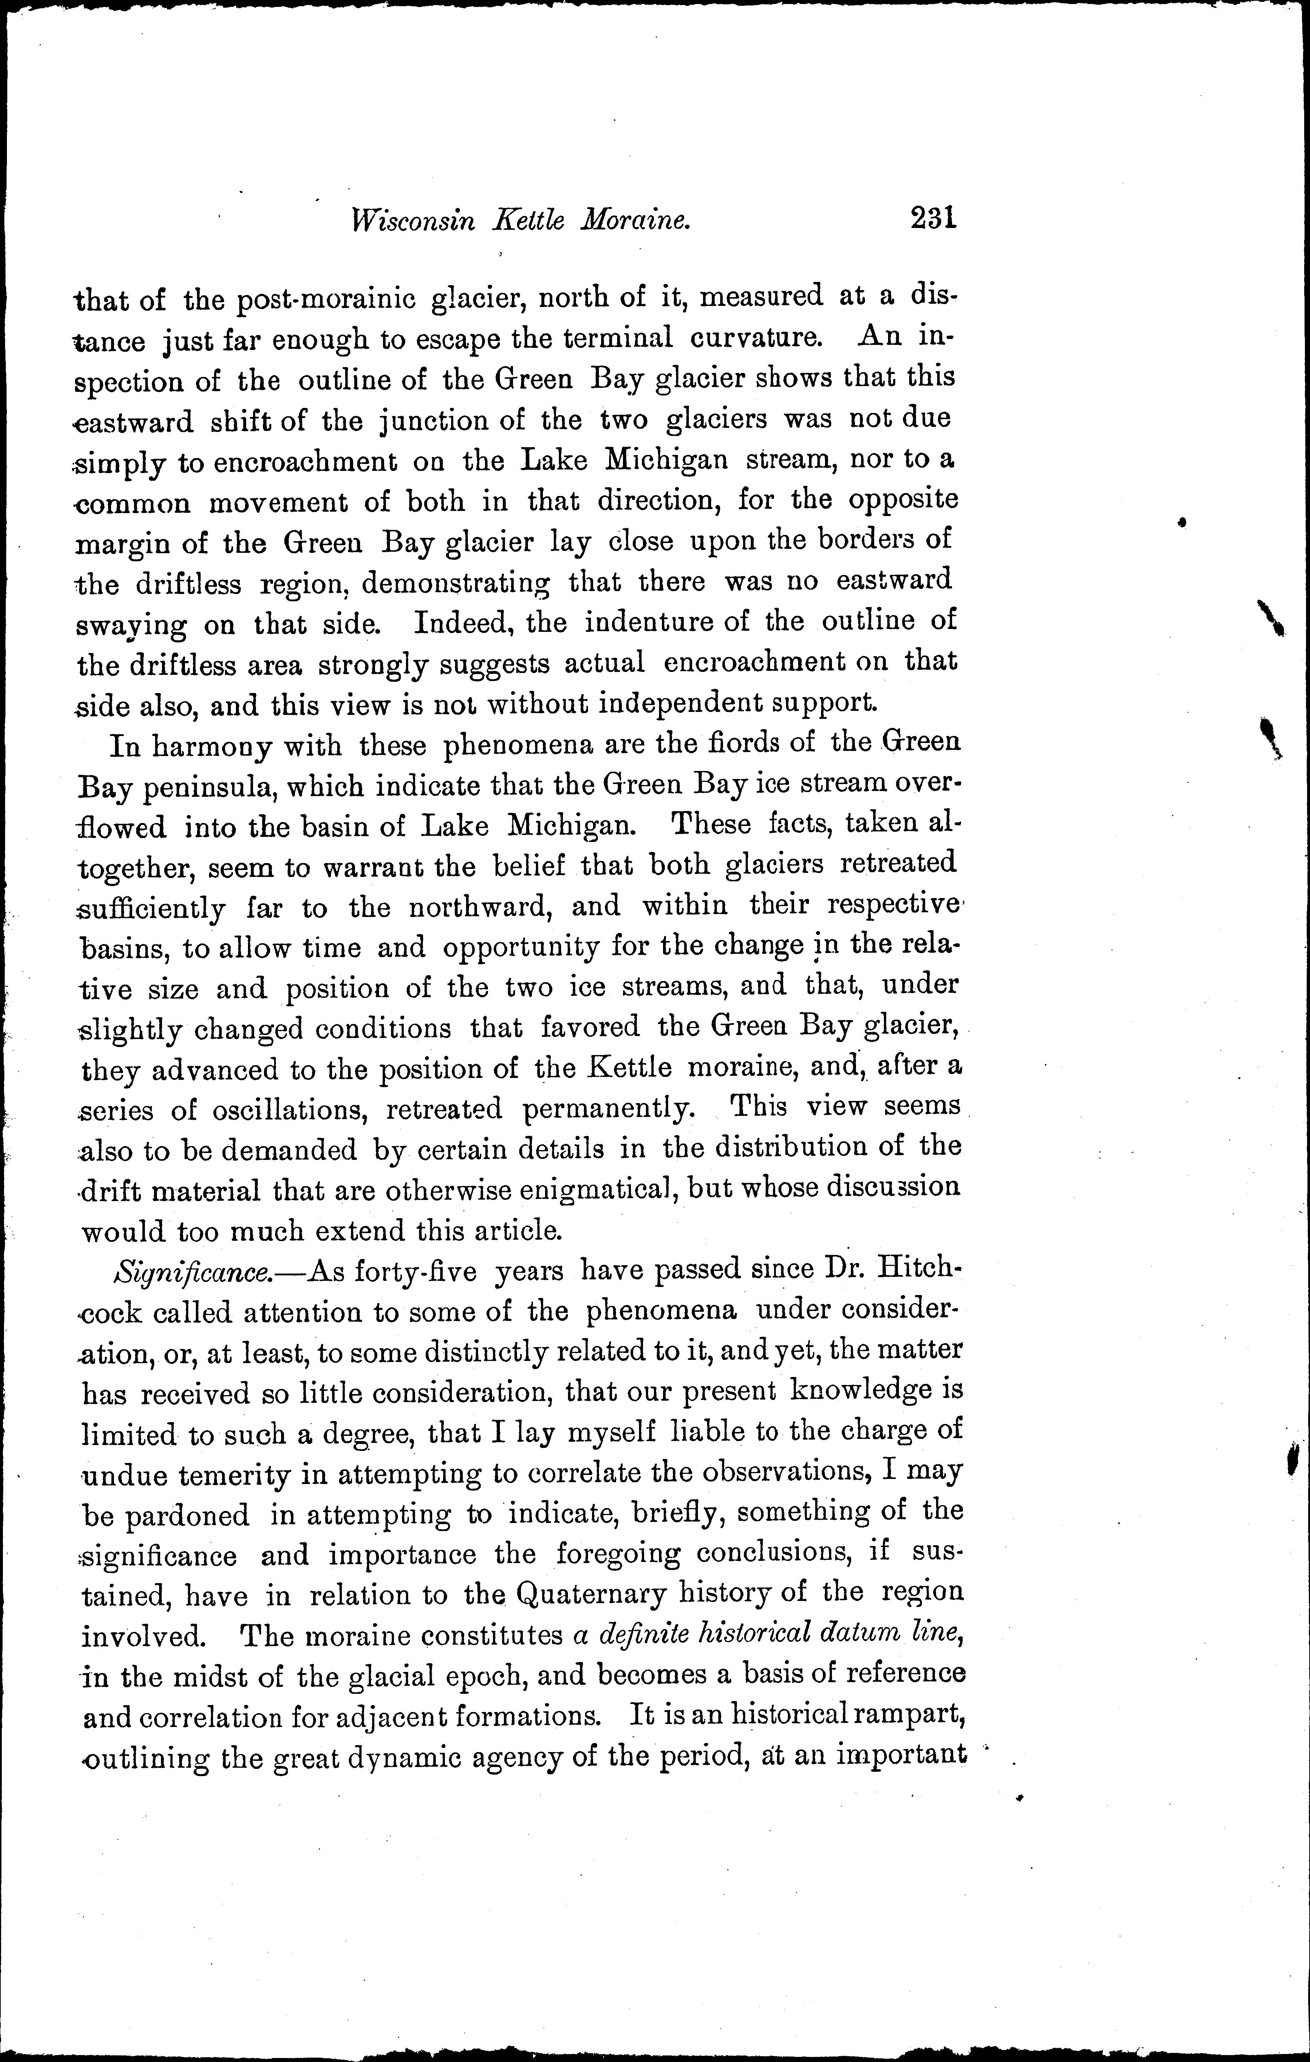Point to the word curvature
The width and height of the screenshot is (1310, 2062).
coord(756,337)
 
